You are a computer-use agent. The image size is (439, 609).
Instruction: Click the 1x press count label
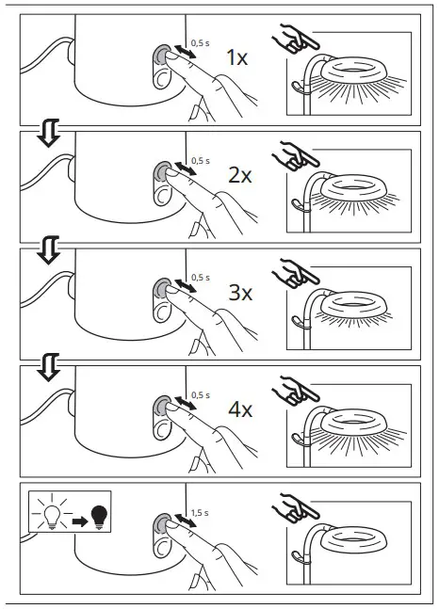[236, 58]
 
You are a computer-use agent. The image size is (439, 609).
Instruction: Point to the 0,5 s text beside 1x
[199, 43]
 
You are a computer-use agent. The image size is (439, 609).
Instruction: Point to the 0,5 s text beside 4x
[199, 395]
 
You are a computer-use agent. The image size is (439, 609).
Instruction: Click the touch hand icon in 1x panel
[293, 40]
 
